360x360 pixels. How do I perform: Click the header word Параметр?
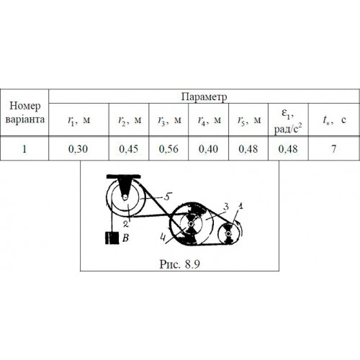[x=204, y=96]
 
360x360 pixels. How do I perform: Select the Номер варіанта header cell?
[x=24, y=112]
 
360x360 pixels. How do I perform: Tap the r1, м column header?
[x=79, y=120]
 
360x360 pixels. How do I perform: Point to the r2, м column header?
[x=130, y=120]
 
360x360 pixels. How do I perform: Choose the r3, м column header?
[x=169, y=120]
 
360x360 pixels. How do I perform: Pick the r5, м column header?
[x=249, y=120]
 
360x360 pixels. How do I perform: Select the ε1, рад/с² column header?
[x=288, y=121]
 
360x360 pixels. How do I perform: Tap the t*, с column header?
[x=334, y=120]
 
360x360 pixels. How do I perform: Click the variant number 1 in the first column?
[x=24, y=149]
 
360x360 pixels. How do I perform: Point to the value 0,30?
[x=78, y=149]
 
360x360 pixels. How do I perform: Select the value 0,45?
[x=129, y=149]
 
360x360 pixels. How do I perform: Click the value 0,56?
[x=168, y=149]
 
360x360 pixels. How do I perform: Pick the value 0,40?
[x=208, y=149]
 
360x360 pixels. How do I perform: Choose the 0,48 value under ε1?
[x=288, y=149]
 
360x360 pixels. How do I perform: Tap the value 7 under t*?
[x=334, y=149]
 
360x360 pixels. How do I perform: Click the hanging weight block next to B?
[x=112, y=238]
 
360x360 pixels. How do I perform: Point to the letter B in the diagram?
[x=126, y=238]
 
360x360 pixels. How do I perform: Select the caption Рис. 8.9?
[x=180, y=264]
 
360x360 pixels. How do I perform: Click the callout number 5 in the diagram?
[x=168, y=197]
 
